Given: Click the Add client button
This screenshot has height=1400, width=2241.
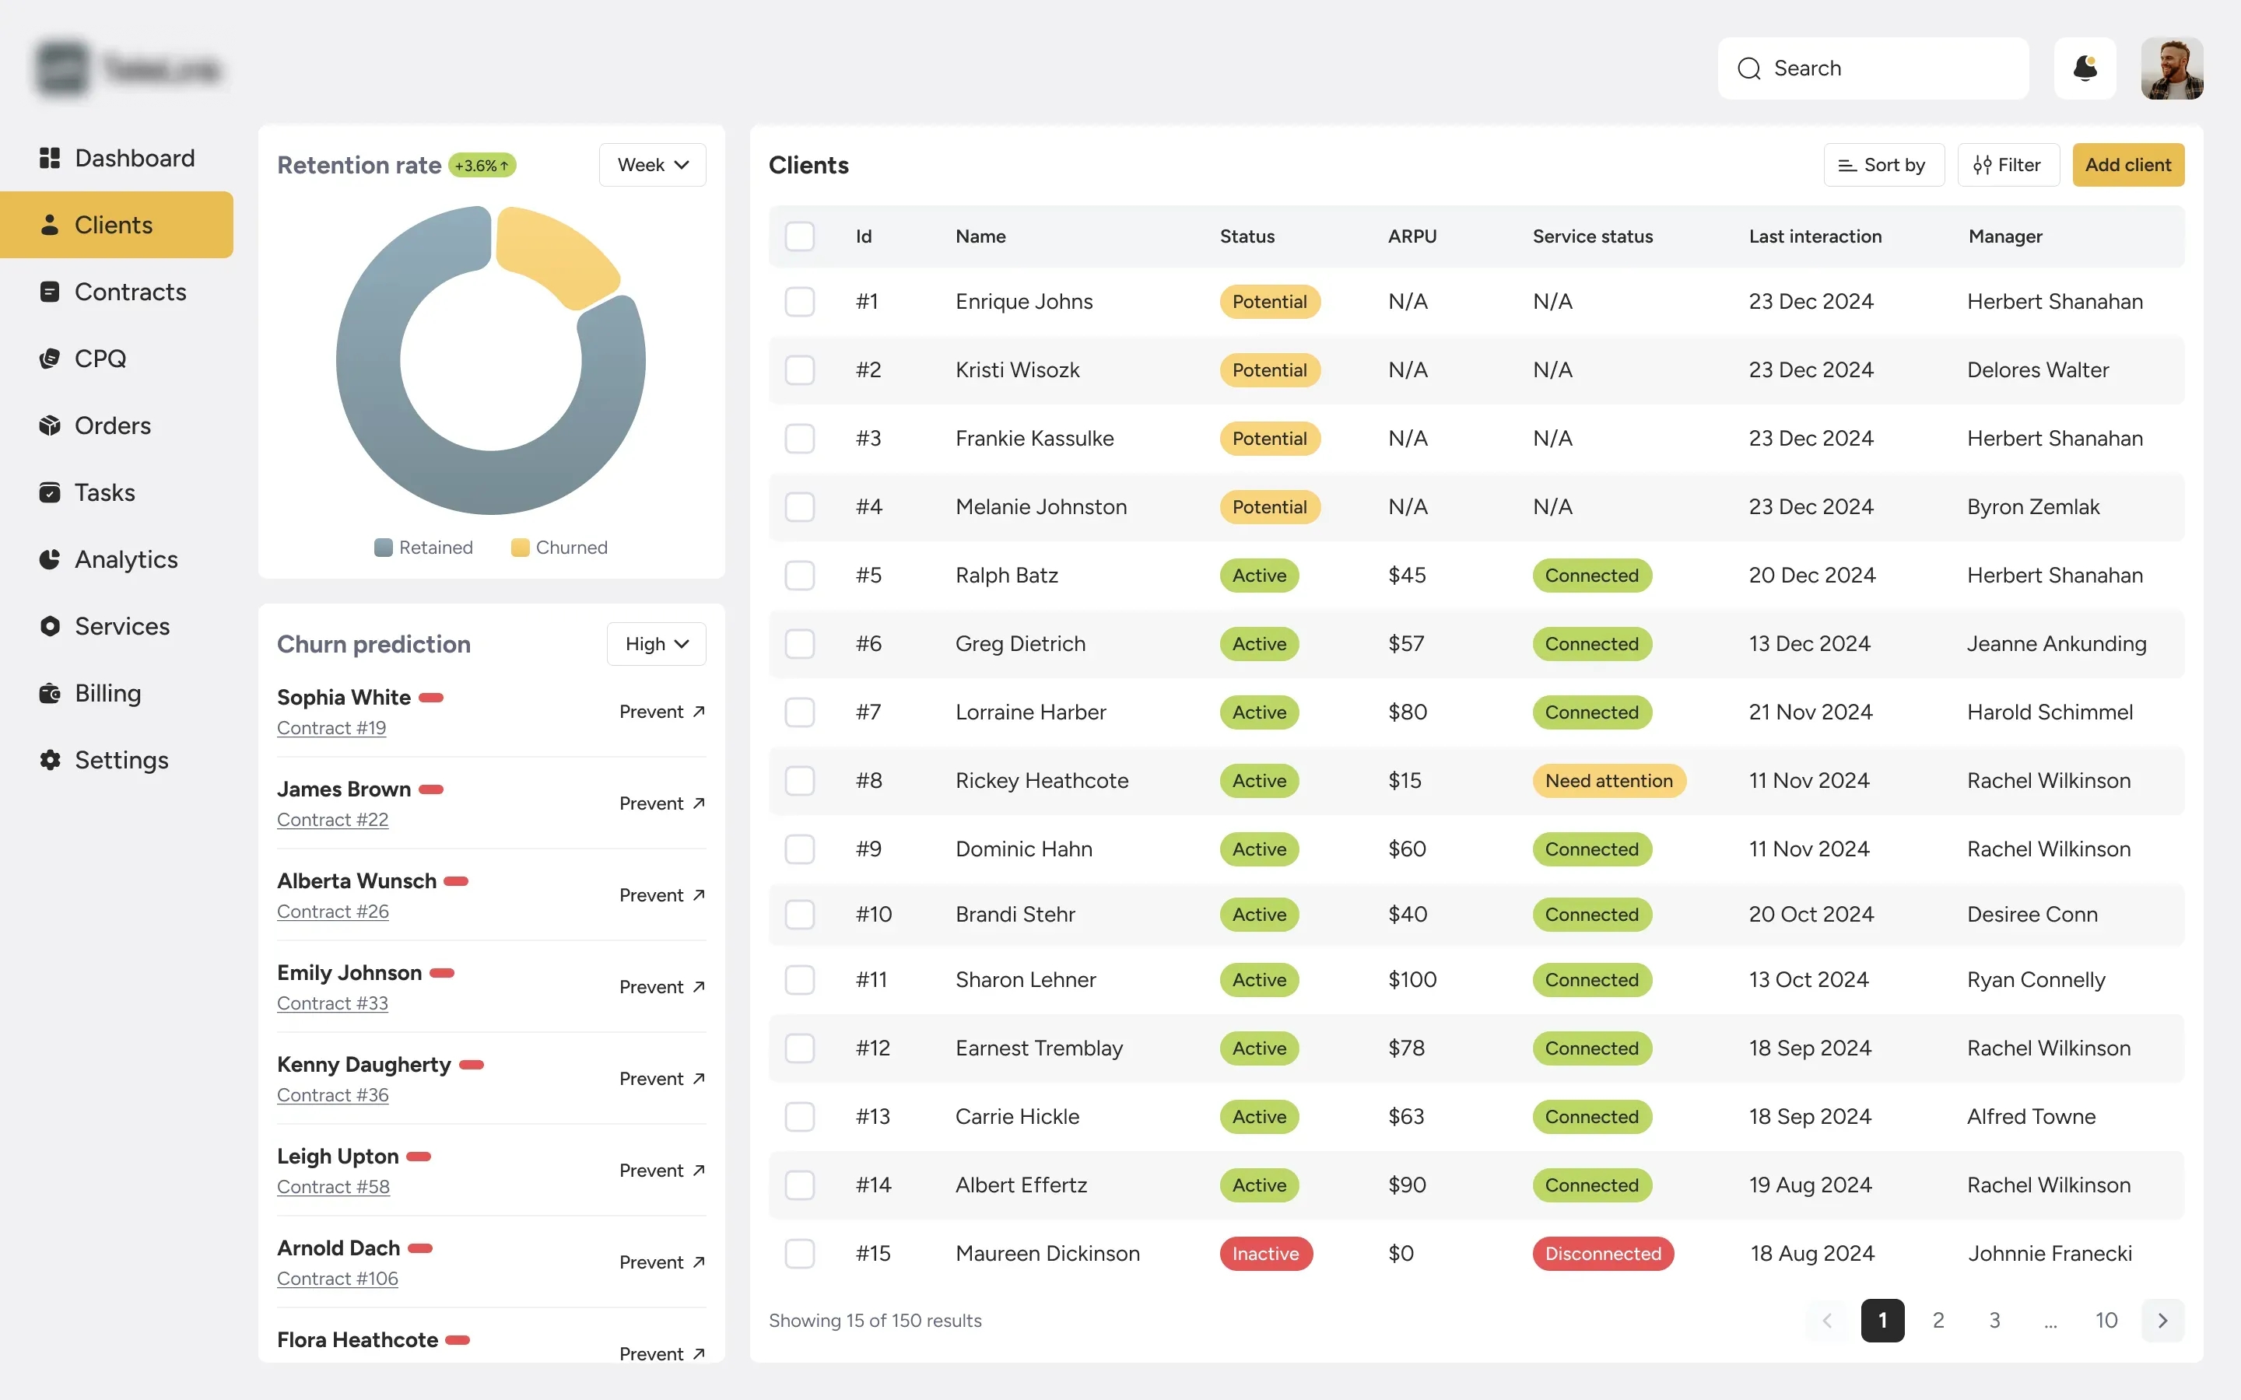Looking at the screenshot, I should (x=2127, y=165).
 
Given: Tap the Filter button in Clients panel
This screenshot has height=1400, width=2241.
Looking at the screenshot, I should (x=2008, y=165).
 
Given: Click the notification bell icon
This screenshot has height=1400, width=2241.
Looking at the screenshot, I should (x=2085, y=68).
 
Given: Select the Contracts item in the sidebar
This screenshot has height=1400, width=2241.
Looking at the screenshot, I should (x=130, y=292).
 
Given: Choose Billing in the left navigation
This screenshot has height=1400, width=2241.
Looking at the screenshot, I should (x=107, y=694).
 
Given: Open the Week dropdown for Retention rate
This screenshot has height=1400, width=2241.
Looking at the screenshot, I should (x=652, y=165).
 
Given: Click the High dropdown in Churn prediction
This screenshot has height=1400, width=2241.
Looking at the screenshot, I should (x=656, y=643).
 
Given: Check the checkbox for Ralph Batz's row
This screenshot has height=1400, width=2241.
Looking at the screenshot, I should (x=799, y=575).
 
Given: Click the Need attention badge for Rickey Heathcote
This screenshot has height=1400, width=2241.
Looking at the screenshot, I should (x=1608, y=781).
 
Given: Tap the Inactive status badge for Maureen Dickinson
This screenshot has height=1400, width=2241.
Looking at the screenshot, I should (x=1265, y=1254).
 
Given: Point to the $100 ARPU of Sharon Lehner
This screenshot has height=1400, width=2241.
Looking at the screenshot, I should (x=1412, y=980).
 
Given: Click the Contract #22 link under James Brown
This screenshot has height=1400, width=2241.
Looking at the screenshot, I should (x=332, y=820).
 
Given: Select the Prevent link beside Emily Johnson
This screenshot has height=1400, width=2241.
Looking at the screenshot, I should (x=661, y=987).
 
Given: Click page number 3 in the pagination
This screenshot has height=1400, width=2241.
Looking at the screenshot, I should (x=1994, y=1321).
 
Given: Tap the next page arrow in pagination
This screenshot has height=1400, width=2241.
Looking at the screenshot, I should (x=2162, y=1321).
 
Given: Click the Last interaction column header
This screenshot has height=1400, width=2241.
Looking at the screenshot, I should (x=1814, y=236).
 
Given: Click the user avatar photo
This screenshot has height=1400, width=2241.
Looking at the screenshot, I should (x=2171, y=68).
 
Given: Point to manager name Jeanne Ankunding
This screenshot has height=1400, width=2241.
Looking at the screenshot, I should (x=2056, y=643).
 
